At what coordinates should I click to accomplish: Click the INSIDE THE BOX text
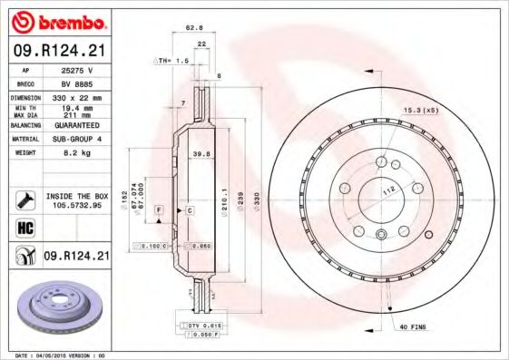click(x=76, y=195)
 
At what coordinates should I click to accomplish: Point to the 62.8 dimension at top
click(x=192, y=29)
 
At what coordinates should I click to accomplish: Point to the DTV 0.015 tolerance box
click(x=199, y=325)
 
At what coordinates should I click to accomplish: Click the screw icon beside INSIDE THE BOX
click(x=24, y=199)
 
